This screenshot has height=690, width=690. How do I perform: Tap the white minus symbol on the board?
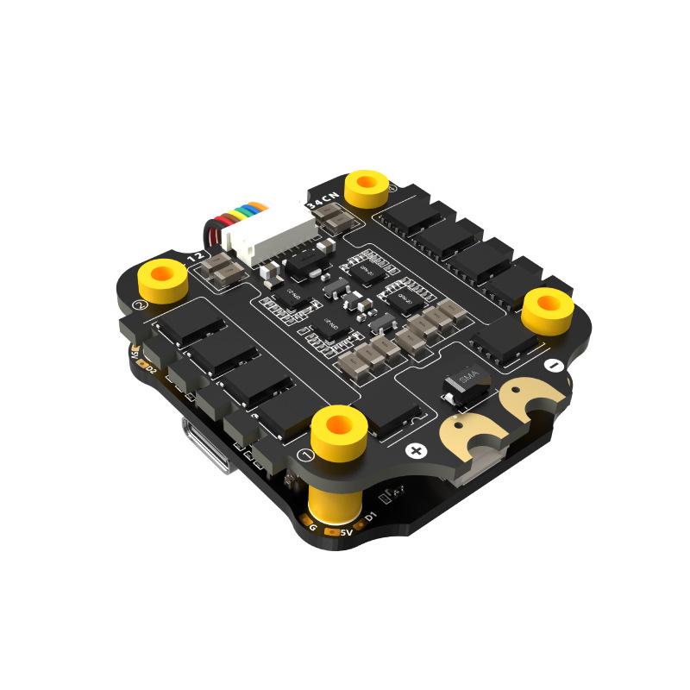click(555, 366)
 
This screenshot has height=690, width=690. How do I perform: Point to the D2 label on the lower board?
click(152, 367)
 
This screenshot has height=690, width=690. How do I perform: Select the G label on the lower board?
click(312, 525)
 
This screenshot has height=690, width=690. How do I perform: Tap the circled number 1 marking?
click(302, 454)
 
